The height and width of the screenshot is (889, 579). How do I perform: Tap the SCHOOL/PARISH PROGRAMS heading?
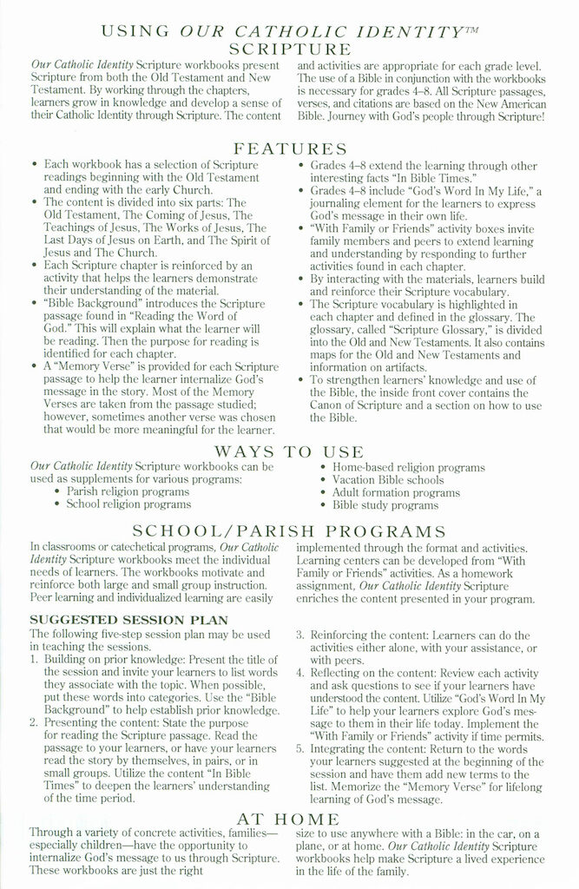[289, 531]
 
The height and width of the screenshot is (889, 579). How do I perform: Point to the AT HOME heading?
[289, 819]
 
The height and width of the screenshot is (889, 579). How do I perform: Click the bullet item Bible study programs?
[385, 504]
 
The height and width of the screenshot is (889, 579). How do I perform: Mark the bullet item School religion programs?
[128, 504]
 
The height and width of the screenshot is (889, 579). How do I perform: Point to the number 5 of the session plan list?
[299, 748]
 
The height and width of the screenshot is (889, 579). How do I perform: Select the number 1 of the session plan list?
[34, 660]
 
